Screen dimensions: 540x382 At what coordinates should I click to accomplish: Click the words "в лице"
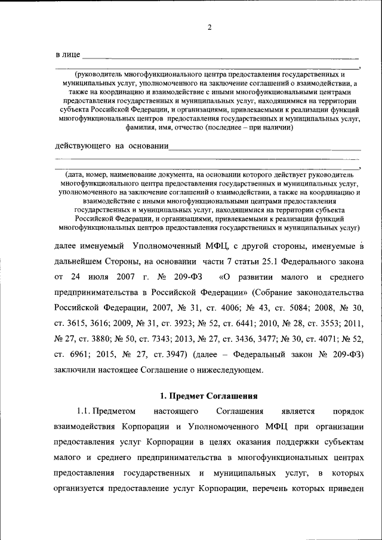coord(67,55)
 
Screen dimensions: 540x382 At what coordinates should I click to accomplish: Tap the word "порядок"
coord(347,411)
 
